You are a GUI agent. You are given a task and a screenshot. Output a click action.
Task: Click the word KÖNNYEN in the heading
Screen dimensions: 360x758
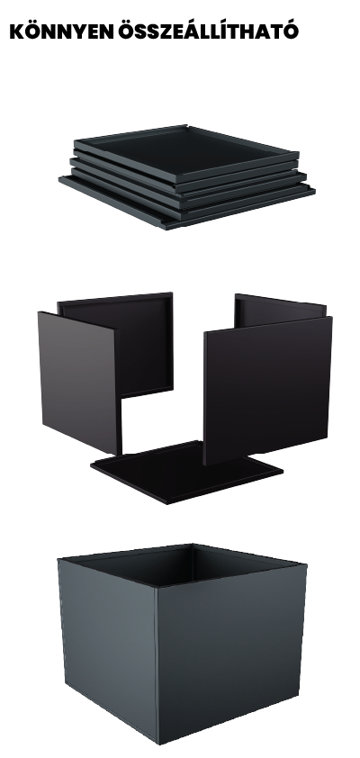pyautogui.click(x=61, y=32)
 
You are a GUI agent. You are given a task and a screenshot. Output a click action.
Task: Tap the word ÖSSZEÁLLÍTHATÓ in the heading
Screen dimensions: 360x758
pyautogui.click(x=208, y=31)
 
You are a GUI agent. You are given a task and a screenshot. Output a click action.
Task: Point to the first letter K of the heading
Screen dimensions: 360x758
pyautogui.click(x=17, y=32)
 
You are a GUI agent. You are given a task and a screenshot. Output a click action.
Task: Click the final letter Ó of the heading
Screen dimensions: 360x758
pyautogui.click(x=291, y=31)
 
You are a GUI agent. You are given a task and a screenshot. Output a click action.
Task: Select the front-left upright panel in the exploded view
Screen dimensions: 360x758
pyautogui.click(x=80, y=382)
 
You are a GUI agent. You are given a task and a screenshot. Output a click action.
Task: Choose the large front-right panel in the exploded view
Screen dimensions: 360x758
pyautogui.click(x=267, y=390)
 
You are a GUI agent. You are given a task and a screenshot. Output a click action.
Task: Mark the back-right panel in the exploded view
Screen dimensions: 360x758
pyautogui.click(x=280, y=310)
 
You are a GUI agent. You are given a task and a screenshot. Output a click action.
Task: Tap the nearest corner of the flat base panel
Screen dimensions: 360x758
pyautogui.click(x=167, y=503)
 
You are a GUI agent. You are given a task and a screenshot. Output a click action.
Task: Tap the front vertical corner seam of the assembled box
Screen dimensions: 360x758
pyautogui.click(x=157, y=664)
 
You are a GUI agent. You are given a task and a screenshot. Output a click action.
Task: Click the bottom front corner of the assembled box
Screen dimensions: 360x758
pyautogui.click(x=158, y=743)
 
